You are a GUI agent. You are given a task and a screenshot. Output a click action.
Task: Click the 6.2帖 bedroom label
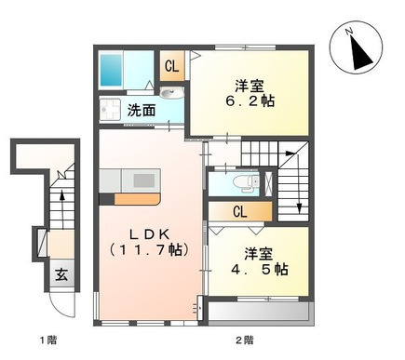(x=250, y=93)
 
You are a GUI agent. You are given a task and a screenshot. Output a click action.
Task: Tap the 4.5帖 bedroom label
(x=259, y=262)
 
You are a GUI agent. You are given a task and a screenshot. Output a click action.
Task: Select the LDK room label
(x=149, y=242)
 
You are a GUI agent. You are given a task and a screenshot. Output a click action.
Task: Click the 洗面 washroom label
(x=142, y=111)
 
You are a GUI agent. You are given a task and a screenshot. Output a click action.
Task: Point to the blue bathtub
(x=111, y=70)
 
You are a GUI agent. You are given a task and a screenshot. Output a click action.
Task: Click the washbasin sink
(x=171, y=92)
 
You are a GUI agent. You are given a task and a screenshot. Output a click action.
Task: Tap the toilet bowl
(x=246, y=182)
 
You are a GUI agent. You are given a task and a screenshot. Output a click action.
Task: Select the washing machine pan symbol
(x=110, y=110)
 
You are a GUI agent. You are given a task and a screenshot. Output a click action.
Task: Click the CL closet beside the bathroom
(x=172, y=66)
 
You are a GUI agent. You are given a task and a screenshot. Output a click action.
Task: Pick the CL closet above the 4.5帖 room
(x=240, y=212)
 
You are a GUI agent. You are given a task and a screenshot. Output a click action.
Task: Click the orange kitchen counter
(x=137, y=199)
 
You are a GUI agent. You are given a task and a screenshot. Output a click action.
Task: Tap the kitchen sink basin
(x=144, y=180)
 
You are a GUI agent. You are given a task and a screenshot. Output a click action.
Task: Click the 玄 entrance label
(x=61, y=274)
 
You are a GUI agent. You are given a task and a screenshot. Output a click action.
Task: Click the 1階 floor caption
(x=48, y=340)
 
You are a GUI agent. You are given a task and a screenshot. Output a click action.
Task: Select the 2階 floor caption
(x=244, y=340)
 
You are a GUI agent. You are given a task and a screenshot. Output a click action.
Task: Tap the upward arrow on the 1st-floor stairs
(x=62, y=210)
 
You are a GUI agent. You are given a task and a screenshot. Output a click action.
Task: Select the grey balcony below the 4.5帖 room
(x=259, y=313)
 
